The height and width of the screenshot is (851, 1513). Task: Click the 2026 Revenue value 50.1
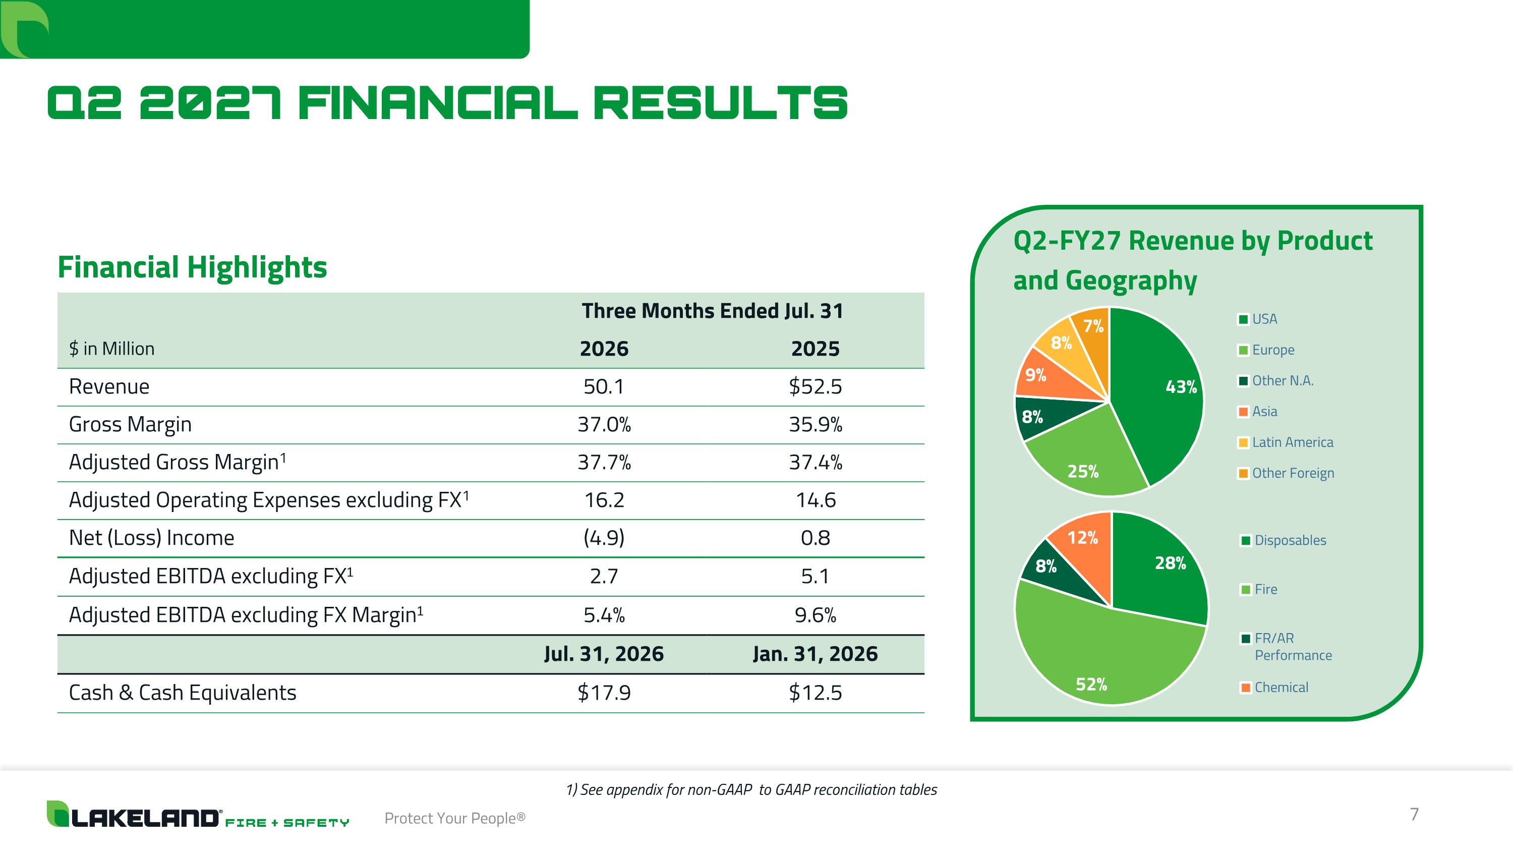[x=604, y=386]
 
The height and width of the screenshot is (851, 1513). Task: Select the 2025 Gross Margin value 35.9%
[x=815, y=424]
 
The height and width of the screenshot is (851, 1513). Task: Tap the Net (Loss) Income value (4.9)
[x=604, y=537]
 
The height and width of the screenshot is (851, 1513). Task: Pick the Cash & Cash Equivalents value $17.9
[x=604, y=693]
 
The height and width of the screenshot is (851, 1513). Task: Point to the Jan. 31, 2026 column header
[x=815, y=654]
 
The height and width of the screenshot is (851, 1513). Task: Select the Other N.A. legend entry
[x=1276, y=380]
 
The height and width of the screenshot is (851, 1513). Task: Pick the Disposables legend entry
[x=1284, y=540]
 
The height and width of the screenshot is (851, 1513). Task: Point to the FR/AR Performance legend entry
[x=1286, y=647]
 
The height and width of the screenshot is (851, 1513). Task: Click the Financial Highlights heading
[x=192, y=268]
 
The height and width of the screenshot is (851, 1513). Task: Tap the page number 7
[x=1414, y=814]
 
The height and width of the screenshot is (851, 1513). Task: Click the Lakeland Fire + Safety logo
[x=198, y=815]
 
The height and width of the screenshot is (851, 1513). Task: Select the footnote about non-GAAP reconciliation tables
[x=751, y=790]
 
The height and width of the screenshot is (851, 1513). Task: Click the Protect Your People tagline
[x=454, y=818]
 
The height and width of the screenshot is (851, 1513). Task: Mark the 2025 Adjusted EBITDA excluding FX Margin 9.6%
[x=815, y=615]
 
